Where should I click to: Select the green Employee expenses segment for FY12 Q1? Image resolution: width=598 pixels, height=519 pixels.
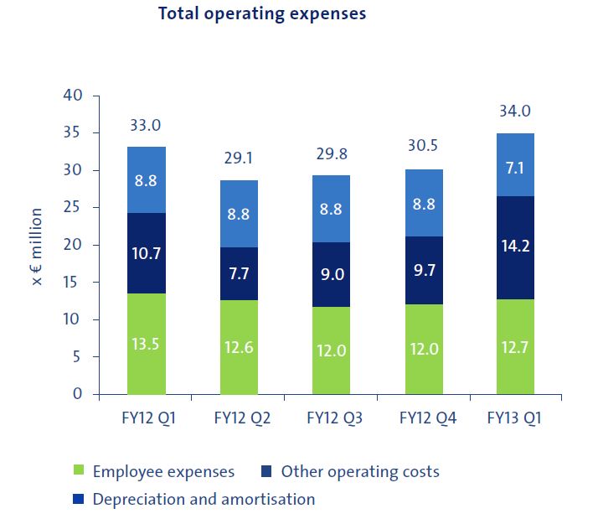[146, 344]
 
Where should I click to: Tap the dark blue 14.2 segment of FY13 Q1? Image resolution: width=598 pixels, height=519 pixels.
[515, 247]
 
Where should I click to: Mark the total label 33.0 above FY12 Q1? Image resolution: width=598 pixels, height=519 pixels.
[145, 126]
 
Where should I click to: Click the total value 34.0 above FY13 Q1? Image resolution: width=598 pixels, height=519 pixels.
[515, 112]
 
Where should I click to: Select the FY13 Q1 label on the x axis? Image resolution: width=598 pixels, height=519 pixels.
[515, 418]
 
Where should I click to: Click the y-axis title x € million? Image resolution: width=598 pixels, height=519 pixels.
[38, 245]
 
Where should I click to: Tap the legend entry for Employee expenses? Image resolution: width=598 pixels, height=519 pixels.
[154, 472]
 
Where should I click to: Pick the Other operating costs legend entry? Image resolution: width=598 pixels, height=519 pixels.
[350, 472]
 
